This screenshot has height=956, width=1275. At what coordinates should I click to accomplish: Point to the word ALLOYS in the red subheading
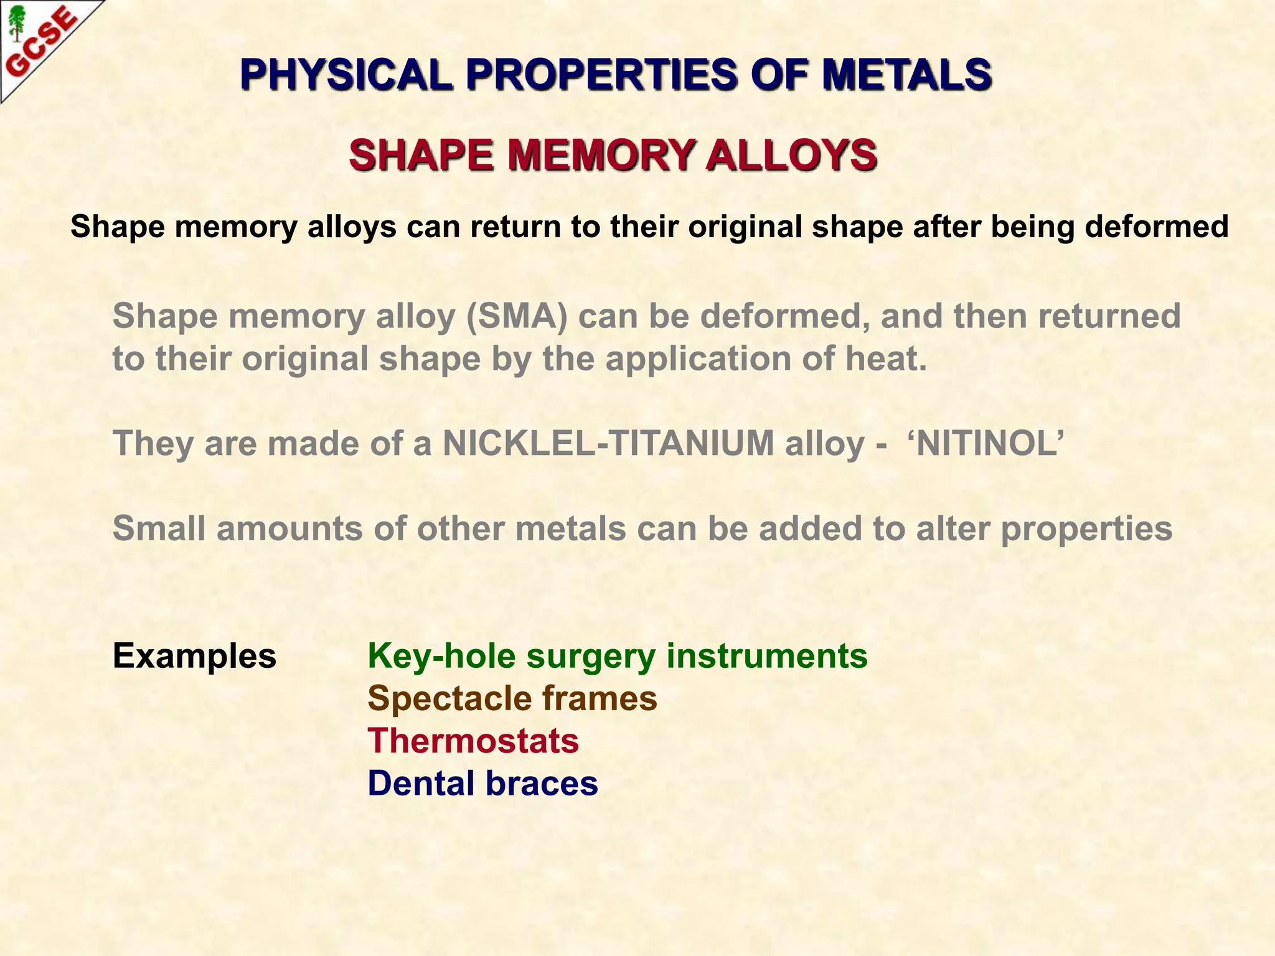(791, 155)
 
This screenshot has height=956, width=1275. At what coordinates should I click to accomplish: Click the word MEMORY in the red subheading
(600, 155)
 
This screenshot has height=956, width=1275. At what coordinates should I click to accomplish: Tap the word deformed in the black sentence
(1157, 227)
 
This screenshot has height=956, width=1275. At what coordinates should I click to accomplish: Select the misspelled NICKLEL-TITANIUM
(608, 444)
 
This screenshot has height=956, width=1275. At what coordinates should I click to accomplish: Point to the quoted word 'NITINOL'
(986, 444)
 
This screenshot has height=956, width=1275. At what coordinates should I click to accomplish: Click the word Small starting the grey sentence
(159, 529)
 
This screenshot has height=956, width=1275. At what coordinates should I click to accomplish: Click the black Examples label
(194, 657)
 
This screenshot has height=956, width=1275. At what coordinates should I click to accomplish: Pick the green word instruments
(767, 657)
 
